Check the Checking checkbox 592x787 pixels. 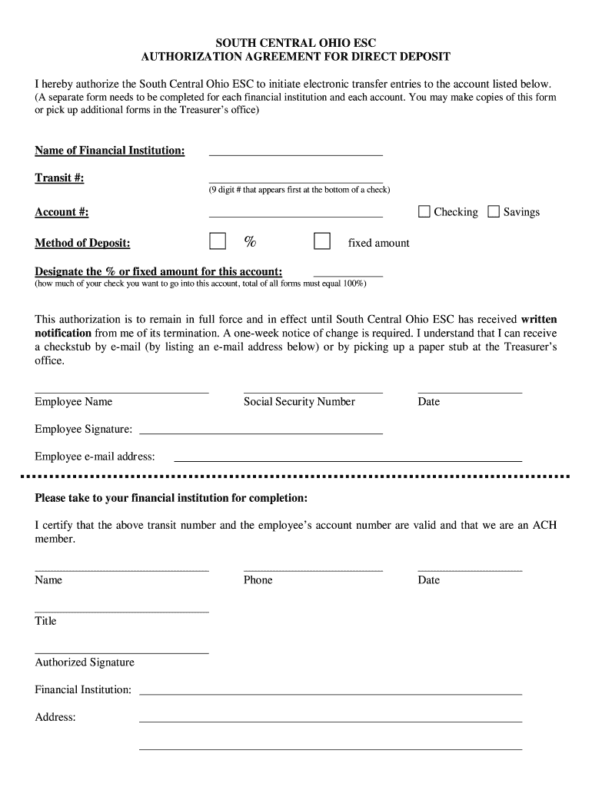424,211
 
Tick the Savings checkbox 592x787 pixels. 494,211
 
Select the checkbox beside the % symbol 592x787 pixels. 218,241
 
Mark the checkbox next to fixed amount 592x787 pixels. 322,241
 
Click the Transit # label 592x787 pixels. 59,178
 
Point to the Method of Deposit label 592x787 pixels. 82,244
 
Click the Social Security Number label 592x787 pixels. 299,402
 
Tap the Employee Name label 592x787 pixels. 73,402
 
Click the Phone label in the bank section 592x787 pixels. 258,580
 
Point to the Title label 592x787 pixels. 45,621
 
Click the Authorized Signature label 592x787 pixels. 85,662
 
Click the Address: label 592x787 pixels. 55,717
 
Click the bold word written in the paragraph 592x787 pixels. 539,319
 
